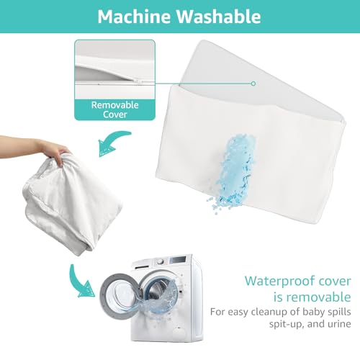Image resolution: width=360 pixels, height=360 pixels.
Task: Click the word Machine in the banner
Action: pyautogui.click(x=135, y=17)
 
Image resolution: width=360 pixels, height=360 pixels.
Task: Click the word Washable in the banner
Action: pyautogui.click(x=219, y=17)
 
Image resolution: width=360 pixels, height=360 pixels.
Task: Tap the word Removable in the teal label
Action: pyautogui.click(x=115, y=105)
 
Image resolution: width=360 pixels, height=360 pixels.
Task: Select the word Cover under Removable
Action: pyautogui.click(x=115, y=114)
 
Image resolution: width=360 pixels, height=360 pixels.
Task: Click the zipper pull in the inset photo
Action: pyautogui.click(x=139, y=82)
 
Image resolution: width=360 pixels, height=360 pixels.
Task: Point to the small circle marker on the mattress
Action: pyautogui.click(x=253, y=84)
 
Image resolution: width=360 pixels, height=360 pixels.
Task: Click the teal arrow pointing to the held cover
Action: pyautogui.click(x=113, y=142)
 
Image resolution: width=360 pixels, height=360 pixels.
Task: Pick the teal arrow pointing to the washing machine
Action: pyautogui.click(x=81, y=283)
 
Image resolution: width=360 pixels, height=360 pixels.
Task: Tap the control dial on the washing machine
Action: pyautogui.click(x=161, y=261)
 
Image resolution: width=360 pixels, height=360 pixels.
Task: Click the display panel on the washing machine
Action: pyautogui.click(x=178, y=260)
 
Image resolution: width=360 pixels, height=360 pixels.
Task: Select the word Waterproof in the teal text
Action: pyautogui.click(x=281, y=282)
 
